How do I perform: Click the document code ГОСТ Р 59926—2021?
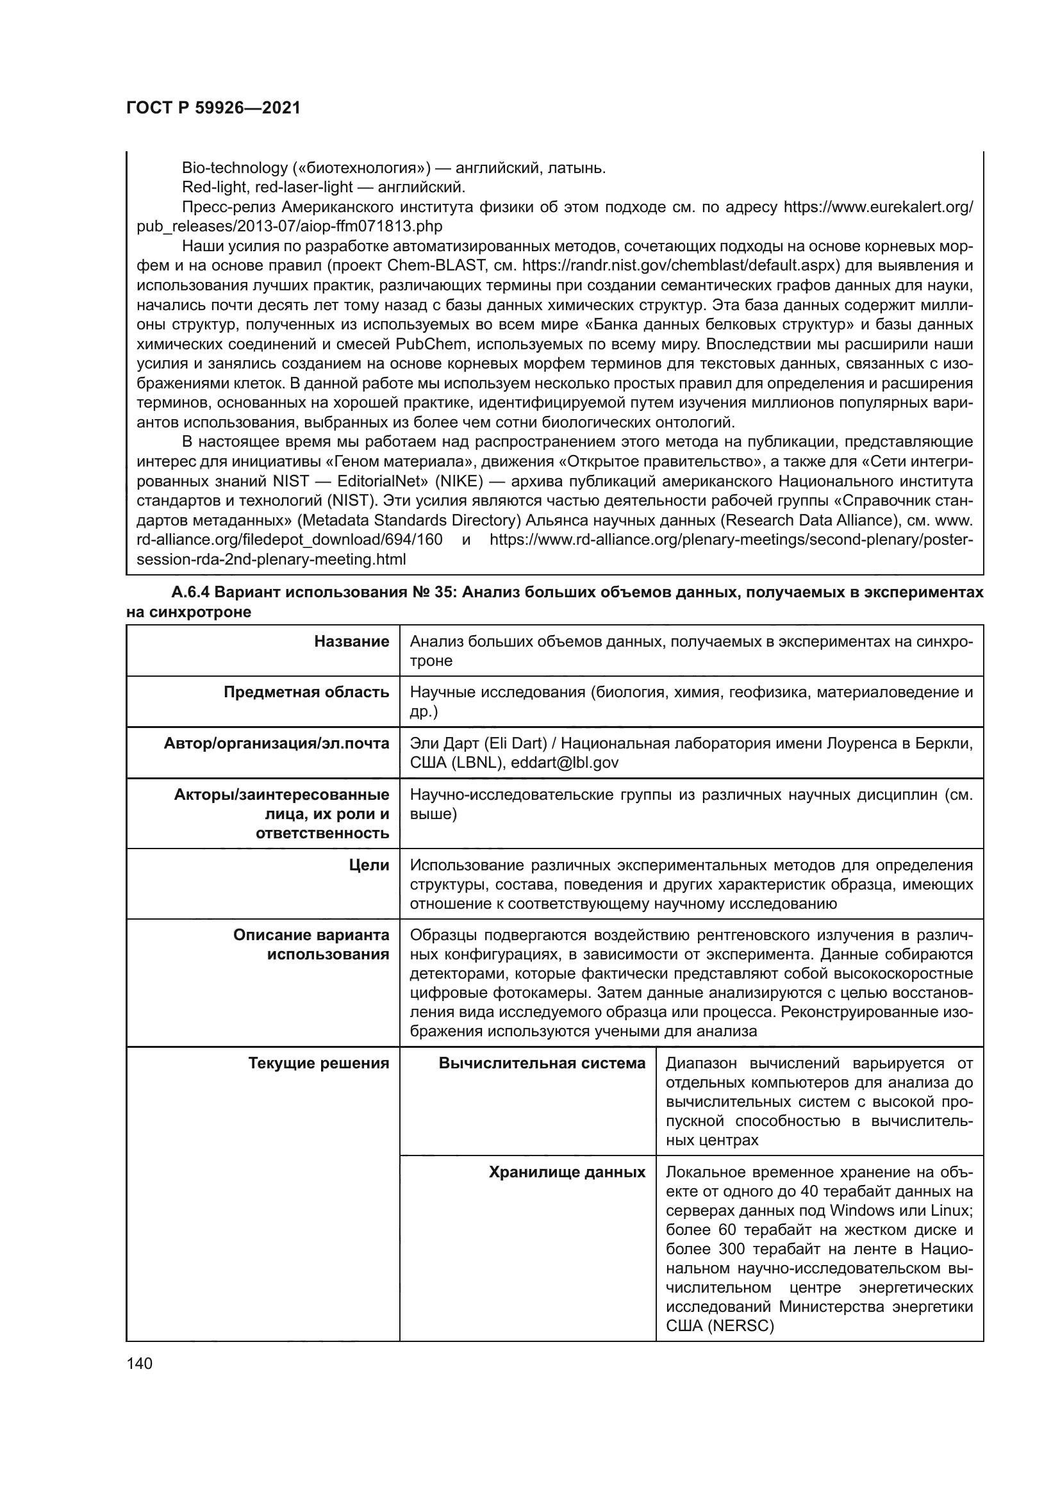[x=213, y=108]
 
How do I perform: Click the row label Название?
[x=351, y=642]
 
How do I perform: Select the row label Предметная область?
[x=306, y=693]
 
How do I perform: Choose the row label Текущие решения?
[x=319, y=1064]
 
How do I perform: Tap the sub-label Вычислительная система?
[x=542, y=1064]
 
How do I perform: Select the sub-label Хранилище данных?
[x=567, y=1173]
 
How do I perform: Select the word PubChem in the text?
[x=431, y=344]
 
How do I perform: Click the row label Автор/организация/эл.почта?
[x=277, y=743]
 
